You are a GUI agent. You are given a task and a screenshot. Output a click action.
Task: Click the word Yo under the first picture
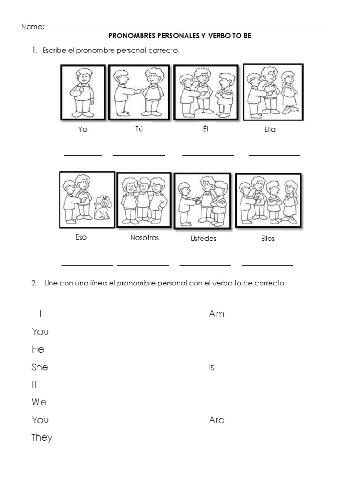(82, 130)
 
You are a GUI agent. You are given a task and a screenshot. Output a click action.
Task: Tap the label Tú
(139, 129)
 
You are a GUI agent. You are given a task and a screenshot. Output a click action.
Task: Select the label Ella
(270, 130)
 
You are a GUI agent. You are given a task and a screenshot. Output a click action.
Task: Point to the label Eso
(81, 237)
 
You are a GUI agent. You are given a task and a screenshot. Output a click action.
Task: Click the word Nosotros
(144, 238)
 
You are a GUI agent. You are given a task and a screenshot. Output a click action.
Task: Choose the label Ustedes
(203, 239)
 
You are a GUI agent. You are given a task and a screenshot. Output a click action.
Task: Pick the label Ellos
(268, 239)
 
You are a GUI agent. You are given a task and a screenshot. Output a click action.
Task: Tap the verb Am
(217, 314)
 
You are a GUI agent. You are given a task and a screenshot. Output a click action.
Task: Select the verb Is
(211, 367)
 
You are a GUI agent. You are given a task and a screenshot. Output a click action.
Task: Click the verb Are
(217, 420)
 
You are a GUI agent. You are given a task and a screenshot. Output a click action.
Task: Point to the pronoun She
(40, 367)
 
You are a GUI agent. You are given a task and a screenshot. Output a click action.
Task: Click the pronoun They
(42, 438)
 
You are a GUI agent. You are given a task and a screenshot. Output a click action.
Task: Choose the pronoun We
(39, 402)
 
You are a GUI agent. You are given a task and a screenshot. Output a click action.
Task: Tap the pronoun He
(38, 349)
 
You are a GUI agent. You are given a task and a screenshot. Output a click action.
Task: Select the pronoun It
(34, 385)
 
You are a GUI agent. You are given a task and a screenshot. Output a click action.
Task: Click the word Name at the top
(32, 27)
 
